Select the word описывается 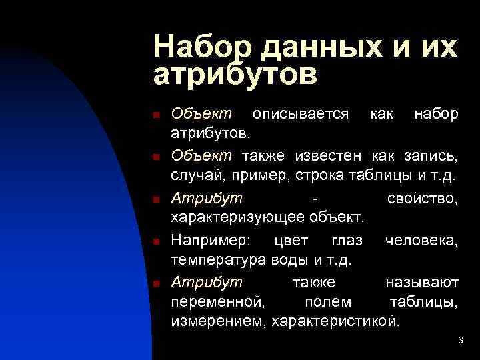pyautogui.click(x=301, y=114)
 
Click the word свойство pyautogui.click(x=423, y=199)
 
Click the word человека pyautogui.click(x=421, y=240)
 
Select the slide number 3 pyautogui.click(x=461, y=341)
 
